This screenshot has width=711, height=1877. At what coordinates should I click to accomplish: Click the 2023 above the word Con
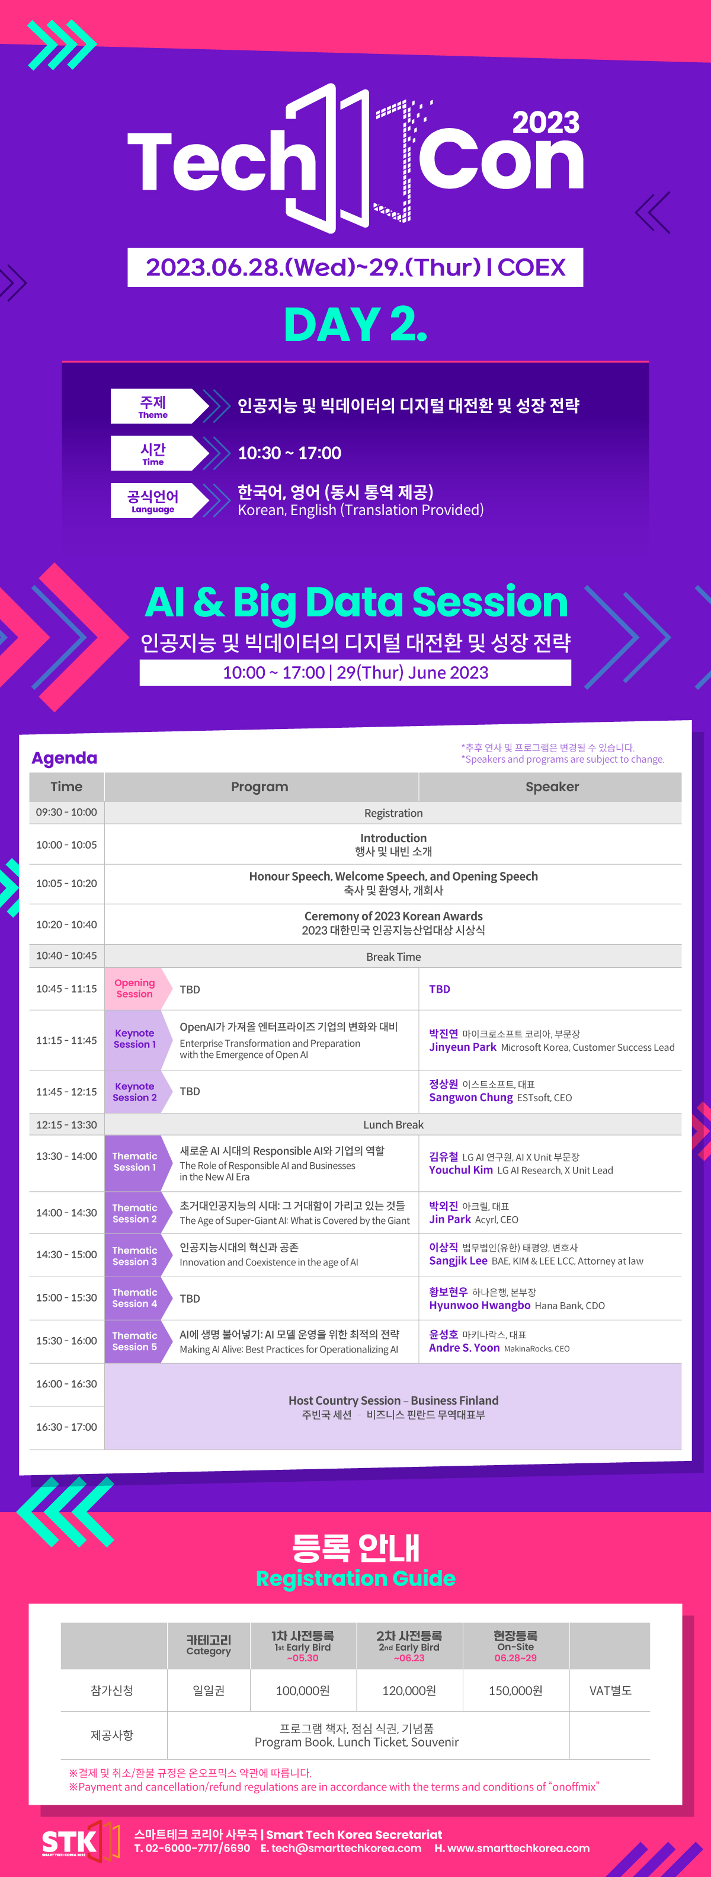pyautogui.click(x=546, y=123)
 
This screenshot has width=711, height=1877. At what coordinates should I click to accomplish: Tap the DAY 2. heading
pyautogui.click(x=355, y=324)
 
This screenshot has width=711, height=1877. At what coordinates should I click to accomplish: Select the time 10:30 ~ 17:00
pyautogui.click(x=289, y=453)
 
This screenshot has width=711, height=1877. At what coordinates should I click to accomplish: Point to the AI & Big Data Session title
pyautogui.click(x=356, y=602)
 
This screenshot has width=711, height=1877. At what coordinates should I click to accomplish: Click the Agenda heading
pyautogui.click(x=64, y=758)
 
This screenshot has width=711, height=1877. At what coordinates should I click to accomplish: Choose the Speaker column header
pyautogui.click(x=552, y=787)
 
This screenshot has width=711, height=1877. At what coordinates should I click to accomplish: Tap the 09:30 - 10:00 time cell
pyautogui.click(x=66, y=813)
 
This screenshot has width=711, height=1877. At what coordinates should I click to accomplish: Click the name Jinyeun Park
pyautogui.click(x=463, y=1047)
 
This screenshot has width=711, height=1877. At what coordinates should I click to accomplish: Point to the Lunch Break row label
pyautogui.click(x=393, y=1124)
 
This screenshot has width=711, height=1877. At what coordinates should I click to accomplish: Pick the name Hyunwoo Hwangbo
pyautogui.click(x=479, y=1305)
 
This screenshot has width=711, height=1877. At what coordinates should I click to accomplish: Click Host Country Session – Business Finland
pyautogui.click(x=393, y=1400)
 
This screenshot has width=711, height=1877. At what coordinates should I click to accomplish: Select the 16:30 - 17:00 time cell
pyautogui.click(x=66, y=1427)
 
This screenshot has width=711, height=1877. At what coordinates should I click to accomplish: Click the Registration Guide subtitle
pyautogui.click(x=355, y=1578)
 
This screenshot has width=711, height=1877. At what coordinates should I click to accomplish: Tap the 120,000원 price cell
pyautogui.click(x=409, y=1690)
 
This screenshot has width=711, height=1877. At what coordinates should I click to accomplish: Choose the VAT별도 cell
pyautogui.click(x=610, y=1690)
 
